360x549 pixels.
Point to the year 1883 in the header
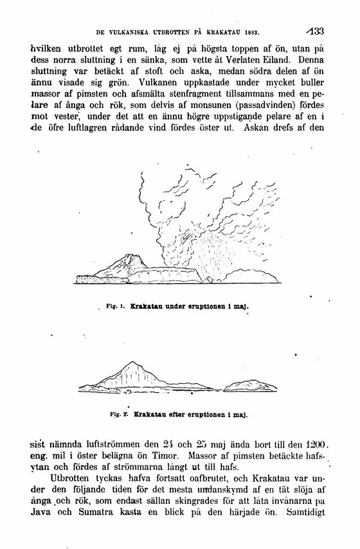coord(258,30)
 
